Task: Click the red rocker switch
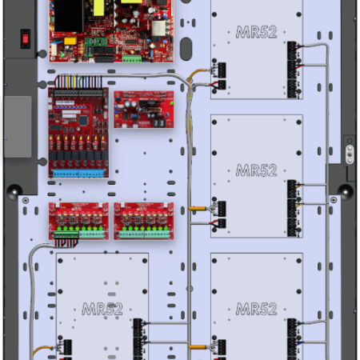(x=26, y=38)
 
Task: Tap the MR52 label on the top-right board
(x=256, y=32)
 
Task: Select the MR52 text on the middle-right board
(x=256, y=170)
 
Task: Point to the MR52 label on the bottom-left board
(x=102, y=309)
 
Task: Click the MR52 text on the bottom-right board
(x=256, y=309)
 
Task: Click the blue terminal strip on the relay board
(x=78, y=174)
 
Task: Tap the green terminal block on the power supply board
(x=132, y=58)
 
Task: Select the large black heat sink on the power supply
(x=69, y=16)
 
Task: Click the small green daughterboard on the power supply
(x=96, y=42)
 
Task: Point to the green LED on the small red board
(x=171, y=103)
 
